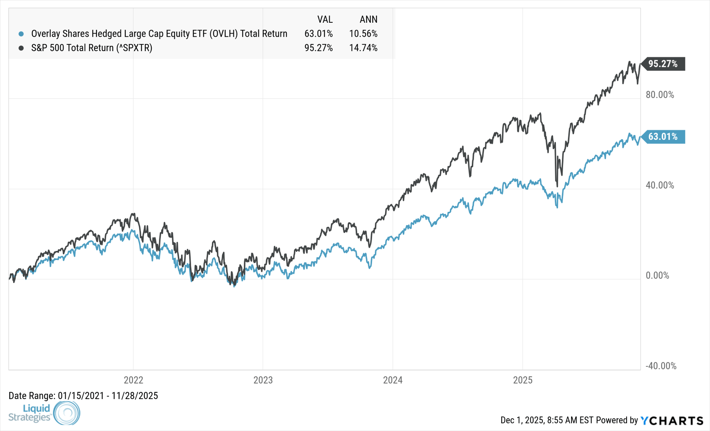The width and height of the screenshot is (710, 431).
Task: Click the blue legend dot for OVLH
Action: click(x=21, y=34)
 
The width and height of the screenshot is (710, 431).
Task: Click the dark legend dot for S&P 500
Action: click(x=21, y=48)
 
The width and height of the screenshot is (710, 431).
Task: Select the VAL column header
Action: click(x=325, y=20)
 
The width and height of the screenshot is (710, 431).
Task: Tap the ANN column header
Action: click(x=368, y=20)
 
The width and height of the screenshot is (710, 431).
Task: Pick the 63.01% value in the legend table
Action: click(x=318, y=34)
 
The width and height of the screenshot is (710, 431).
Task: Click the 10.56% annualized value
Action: click(x=363, y=34)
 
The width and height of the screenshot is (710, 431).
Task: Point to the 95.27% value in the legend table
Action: click(x=318, y=48)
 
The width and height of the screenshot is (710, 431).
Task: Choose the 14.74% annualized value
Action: click(x=363, y=48)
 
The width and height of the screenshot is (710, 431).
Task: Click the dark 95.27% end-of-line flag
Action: click(x=663, y=64)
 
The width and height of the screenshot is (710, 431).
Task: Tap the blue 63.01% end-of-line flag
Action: click(x=663, y=137)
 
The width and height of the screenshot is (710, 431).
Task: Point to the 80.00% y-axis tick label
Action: click(x=660, y=95)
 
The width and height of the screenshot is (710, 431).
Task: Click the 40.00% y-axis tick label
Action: click(x=660, y=186)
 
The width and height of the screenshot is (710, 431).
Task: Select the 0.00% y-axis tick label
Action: click(x=657, y=276)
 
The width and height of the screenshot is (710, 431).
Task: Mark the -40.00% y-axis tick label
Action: click(x=661, y=366)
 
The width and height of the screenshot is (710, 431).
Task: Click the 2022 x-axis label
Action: click(x=133, y=380)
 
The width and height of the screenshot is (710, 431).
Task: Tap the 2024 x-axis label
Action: click(x=393, y=380)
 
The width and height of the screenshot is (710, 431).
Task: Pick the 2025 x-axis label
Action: click(x=522, y=380)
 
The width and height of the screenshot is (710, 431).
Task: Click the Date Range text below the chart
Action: click(x=83, y=396)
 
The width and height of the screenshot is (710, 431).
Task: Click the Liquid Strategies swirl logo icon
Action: click(x=67, y=413)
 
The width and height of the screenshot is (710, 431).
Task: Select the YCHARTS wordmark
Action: click(x=672, y=421)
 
